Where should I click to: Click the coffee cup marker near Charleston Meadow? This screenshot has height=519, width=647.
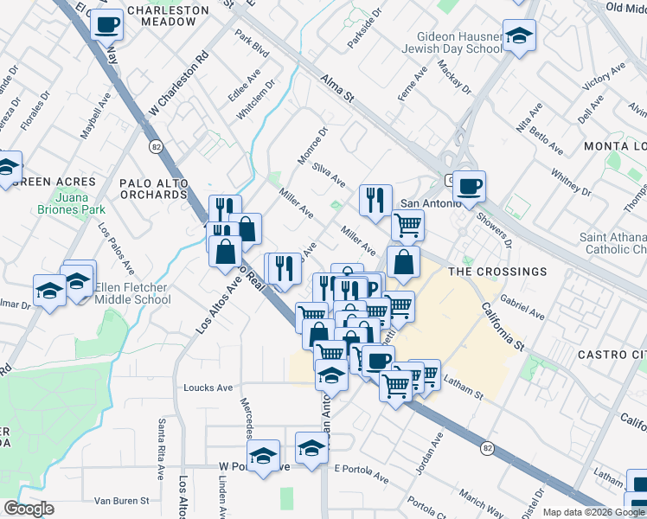[106, 23]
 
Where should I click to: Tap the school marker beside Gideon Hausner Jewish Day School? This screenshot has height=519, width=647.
[519, 36]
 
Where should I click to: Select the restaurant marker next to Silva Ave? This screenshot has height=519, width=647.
[375, 201]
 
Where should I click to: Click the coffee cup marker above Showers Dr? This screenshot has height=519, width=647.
[470, 187]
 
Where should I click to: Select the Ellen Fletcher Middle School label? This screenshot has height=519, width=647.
[131, 293]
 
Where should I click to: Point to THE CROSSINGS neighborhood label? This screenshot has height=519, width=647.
[498, 271]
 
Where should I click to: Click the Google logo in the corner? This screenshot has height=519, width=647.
[29, 509]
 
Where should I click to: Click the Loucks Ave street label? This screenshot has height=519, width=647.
[208, 388]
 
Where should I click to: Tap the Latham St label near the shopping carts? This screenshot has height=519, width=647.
[462, 386]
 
